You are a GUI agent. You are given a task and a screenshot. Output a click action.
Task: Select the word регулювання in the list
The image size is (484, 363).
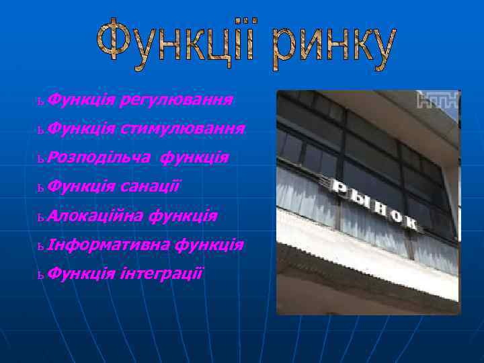(x=177, y=101)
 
